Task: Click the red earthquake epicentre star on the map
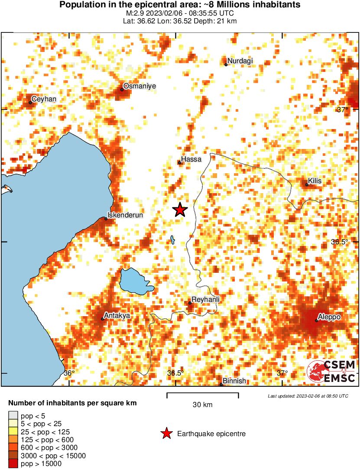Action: pyautogui.click(x=180, y=210)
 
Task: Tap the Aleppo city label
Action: pyautogui.click(x=329, y=317)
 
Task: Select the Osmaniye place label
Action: pyautogui.click(x=139, y=87)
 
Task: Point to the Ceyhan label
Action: pyautogui.click(x=44, y=99)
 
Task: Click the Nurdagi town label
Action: pyautogui.click(x=240, y=61)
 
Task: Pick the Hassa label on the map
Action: pyautogui.click(x=191, y=159)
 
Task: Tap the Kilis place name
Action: pyautogui.click(x=315, y=181)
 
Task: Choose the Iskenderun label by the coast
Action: pyautogui.click(x=125, y=215)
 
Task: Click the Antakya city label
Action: pyautogui.click(x=117, y=316)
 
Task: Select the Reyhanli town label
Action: pyautogui.click(x=205, y=300)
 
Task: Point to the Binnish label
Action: pyautogui.click(x=234, y=381)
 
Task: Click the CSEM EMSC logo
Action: pyautogui.click(x=331, y=372)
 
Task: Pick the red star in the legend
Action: pyautogui.click(x=166, y=433)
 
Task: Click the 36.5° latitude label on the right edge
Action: pyautogui.click(x=340, y=242)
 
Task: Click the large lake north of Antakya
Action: pyautogui.click(x=135, y=281)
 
